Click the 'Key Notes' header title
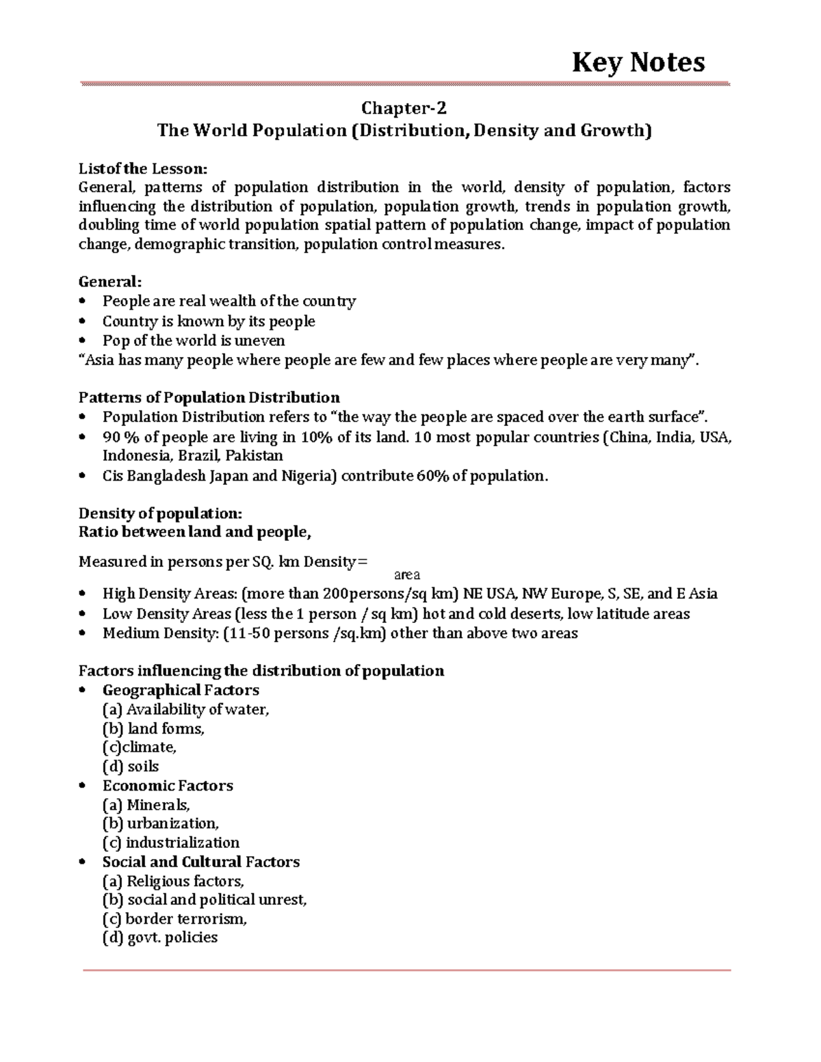tap(638, 62)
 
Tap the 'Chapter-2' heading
tap(404, 109)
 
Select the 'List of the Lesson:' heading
tap(142, 168)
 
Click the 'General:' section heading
tap(111, 282)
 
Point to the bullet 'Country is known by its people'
tap(209, 321)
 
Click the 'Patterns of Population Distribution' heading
tap(209, 398)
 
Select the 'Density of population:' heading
tap(161, 514)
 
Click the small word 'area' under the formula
tap(408, 575)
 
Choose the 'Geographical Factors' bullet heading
tap(181, 690)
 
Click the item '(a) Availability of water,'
tap(185, 710)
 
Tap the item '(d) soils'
tap(130, 767)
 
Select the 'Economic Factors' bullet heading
tap(168, 786)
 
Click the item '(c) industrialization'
tap(171, 842)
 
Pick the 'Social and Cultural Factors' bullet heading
tap(201, 862)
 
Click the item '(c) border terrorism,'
tap(174, 919)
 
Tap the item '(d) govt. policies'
tap(160, 938)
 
